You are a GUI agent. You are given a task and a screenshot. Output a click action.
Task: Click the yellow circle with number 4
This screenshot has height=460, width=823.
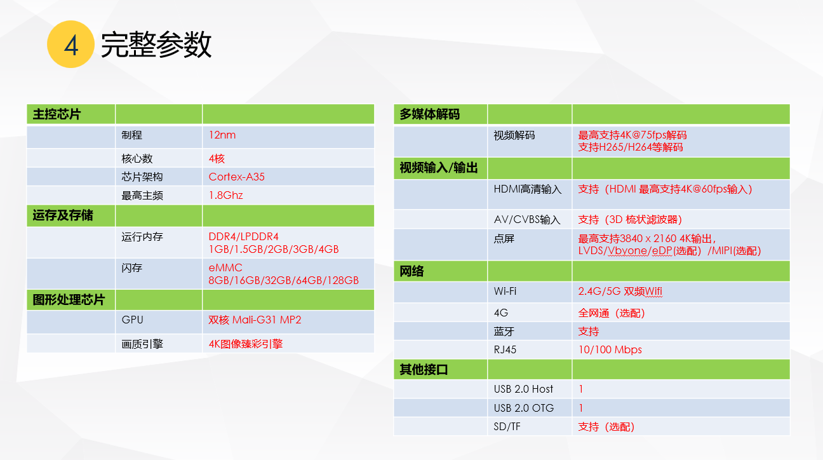[70, 44]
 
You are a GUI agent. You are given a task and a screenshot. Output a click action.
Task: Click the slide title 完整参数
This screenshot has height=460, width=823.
[156, 44]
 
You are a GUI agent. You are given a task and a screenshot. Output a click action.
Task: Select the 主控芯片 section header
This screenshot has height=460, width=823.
[57, 114]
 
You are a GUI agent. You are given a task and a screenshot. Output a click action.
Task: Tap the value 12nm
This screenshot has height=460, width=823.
[222, 135]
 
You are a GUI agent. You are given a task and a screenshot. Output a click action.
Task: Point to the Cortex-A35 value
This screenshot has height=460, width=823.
[236, 177]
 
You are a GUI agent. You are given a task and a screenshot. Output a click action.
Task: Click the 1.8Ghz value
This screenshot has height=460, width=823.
[225, 195]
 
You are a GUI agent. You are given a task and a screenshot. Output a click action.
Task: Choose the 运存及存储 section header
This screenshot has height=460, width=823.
[63, 215]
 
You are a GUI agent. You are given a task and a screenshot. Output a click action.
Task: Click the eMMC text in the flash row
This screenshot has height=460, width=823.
[225, 267]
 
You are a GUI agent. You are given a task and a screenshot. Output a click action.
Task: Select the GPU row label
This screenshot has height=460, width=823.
[132, 320]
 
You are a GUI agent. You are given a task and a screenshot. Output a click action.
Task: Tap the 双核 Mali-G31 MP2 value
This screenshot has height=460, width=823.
[255, 320]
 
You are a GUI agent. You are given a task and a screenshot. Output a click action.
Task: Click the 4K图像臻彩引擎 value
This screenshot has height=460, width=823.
[245, 344]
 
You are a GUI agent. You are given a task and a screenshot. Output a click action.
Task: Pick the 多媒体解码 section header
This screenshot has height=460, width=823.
[429, 114]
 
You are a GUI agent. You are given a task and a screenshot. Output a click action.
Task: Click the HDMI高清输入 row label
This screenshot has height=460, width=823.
[528, 189]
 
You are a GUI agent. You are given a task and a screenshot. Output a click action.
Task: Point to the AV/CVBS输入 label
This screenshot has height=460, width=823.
[527, 220]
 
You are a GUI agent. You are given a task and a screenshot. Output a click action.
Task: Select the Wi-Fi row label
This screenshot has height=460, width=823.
[505, 291]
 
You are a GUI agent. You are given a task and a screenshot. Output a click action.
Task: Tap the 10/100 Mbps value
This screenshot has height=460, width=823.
[610, 349]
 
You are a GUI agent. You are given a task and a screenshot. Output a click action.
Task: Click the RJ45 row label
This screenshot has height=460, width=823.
[505, 349]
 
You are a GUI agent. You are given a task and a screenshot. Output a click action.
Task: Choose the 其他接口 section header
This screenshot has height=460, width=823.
[424, 370]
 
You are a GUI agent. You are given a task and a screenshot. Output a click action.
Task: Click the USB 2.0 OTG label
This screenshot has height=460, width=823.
[523, 408]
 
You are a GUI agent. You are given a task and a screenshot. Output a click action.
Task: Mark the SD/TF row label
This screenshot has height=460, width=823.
[507, 426]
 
